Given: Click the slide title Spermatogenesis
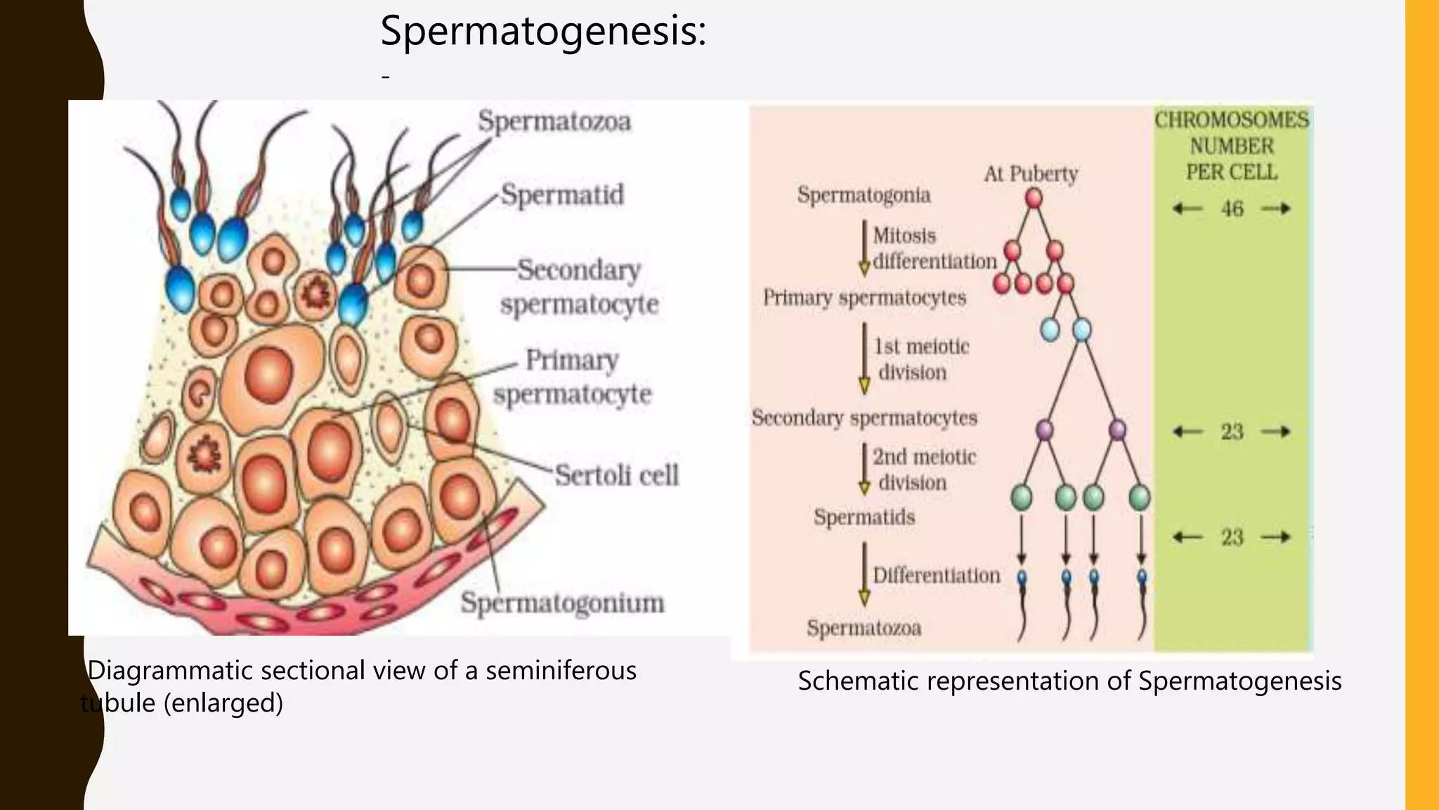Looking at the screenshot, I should (542, 32).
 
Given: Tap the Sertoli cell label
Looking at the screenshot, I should (617, 475).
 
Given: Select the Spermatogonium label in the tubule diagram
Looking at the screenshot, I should (562, 603).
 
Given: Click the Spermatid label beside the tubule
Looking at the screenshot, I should (562, 195).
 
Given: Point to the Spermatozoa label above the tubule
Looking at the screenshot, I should (554, 122).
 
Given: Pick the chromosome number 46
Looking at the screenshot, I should (1232, 209).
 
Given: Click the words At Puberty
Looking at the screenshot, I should (1031, 174).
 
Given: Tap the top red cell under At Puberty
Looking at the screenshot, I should (1034, 199).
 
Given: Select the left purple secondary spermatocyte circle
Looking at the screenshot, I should (1045, 430).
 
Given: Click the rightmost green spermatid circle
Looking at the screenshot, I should (1140, 498).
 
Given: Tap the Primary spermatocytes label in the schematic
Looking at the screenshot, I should (864, 297).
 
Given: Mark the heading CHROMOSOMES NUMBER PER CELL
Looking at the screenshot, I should (1232, 146).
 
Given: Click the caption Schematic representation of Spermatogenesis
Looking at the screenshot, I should (1069, 681).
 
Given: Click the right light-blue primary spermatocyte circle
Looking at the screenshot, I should (1082, 329).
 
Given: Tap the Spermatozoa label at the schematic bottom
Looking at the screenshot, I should (864, 628).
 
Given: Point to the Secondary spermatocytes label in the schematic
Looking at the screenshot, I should (864, 418).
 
